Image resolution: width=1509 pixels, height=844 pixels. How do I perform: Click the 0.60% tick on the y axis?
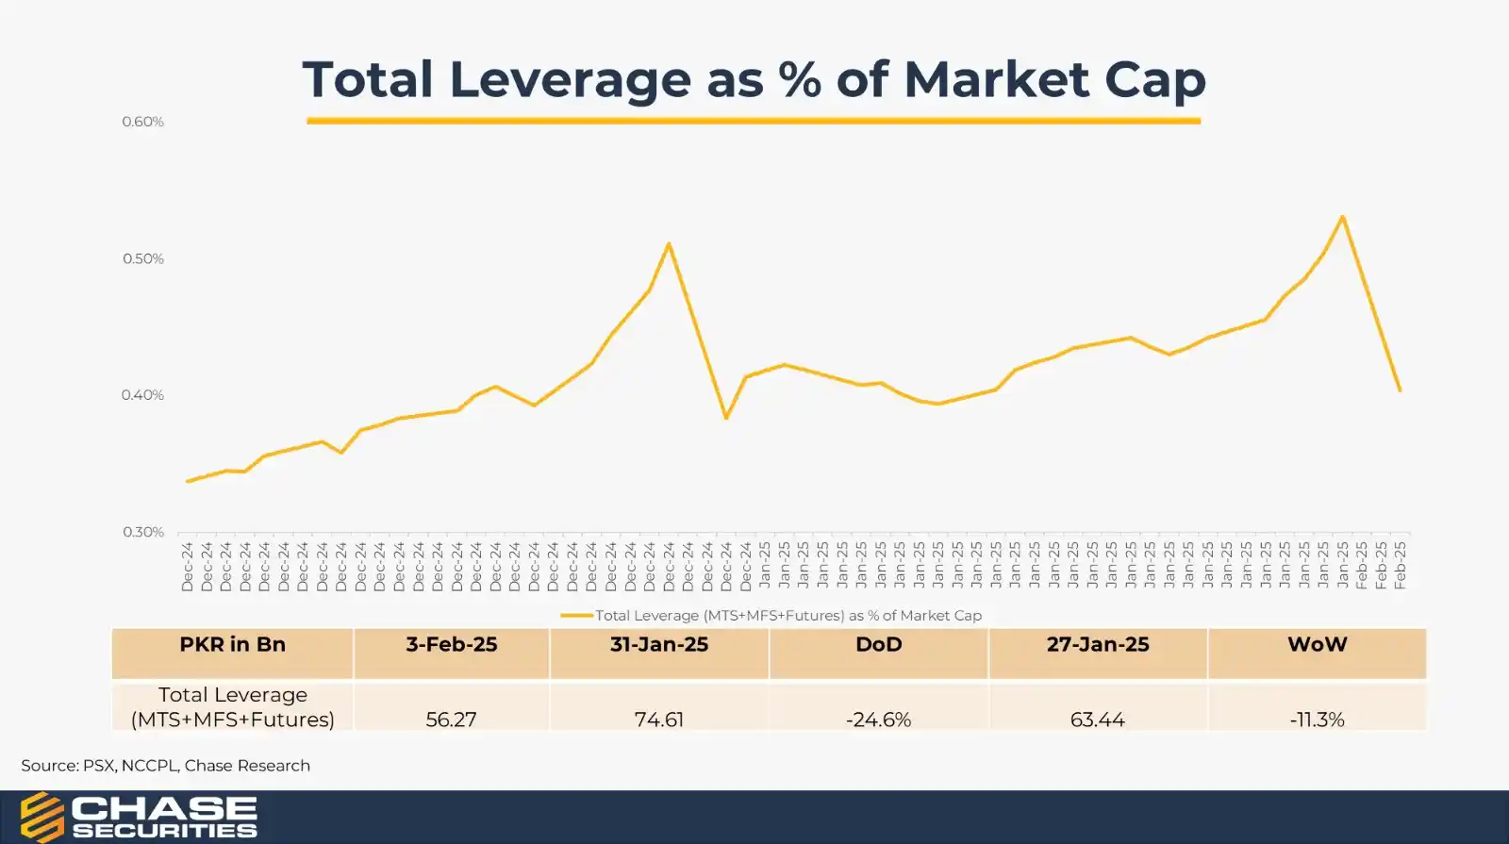pyautogui.click(x=142, y=122)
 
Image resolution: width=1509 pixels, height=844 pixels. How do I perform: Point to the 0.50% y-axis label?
pyautogui.click(x=142, y=258)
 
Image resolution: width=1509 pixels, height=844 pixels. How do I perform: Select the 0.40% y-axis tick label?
pyautogui.click(x=142, y=395)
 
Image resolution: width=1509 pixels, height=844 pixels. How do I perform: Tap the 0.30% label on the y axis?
pyautogui.click(x=142, y=532)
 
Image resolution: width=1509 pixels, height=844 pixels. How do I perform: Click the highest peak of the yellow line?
pyautogui.click(x=1342, y=217)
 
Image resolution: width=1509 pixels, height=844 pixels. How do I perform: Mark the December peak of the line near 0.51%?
pyautogui.click(x=669, y=244)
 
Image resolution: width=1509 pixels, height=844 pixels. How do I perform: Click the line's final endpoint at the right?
pyautogui.click(x=1400, y=390)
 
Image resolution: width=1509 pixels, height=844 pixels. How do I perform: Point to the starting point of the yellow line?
pyautogui.click(x=188, y=481)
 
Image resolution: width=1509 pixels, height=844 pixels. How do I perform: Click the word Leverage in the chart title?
pyautogui.click(x=570, y=79)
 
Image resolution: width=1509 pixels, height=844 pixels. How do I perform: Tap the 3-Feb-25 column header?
pyautogui.click(x=451, y=645)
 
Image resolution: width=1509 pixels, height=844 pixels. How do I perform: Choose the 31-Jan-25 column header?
pyautogui.click(x=658, y=645)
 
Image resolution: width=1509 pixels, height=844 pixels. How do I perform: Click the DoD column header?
pyautogui.click(x=878, y=645)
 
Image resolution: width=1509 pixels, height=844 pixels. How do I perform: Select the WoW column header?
pyautogui.click(x=1317, y=645)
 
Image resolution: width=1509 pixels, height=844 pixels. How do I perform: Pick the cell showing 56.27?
pyautogui.click(x=451, y=720)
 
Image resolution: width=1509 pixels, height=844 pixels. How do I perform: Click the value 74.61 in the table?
pyautogui.click(x=658, y=720)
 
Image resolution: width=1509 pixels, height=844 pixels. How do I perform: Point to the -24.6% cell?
pyautogui.click(x=878, y=720)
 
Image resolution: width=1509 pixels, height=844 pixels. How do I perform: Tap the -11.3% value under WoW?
pyautogui.click(x=1317, y=720)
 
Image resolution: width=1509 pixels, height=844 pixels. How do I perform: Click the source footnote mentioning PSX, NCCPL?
pyautogui.click(x=166, y=766)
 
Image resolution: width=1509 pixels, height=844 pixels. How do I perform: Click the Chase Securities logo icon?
pyautogui.click(x=41, y=817)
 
